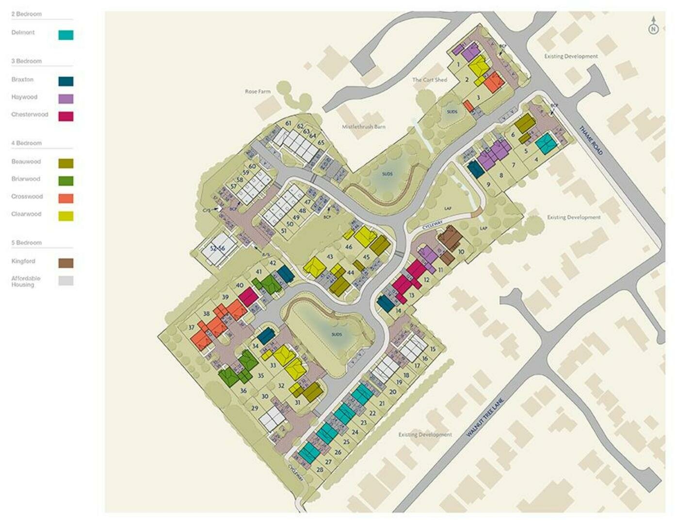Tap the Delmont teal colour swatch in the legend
[66, 35]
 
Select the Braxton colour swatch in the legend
[66, 82]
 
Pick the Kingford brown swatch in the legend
[66, 263]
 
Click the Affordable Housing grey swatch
[66, 280]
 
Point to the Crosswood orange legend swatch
[66, 198]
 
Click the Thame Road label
[591, 141]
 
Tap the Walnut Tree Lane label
[485, 418]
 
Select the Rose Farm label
[258, 91]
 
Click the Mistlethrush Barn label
[364, 127]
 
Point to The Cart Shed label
[430, 80]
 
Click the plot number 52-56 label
[217, 248]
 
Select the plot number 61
[288, 123]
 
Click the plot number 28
[320, 470]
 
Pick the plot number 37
[191, 327]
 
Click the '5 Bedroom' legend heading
[27, 243]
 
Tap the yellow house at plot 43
[314, 266]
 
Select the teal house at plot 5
[546, 143]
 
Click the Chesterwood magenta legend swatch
[66, 116]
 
